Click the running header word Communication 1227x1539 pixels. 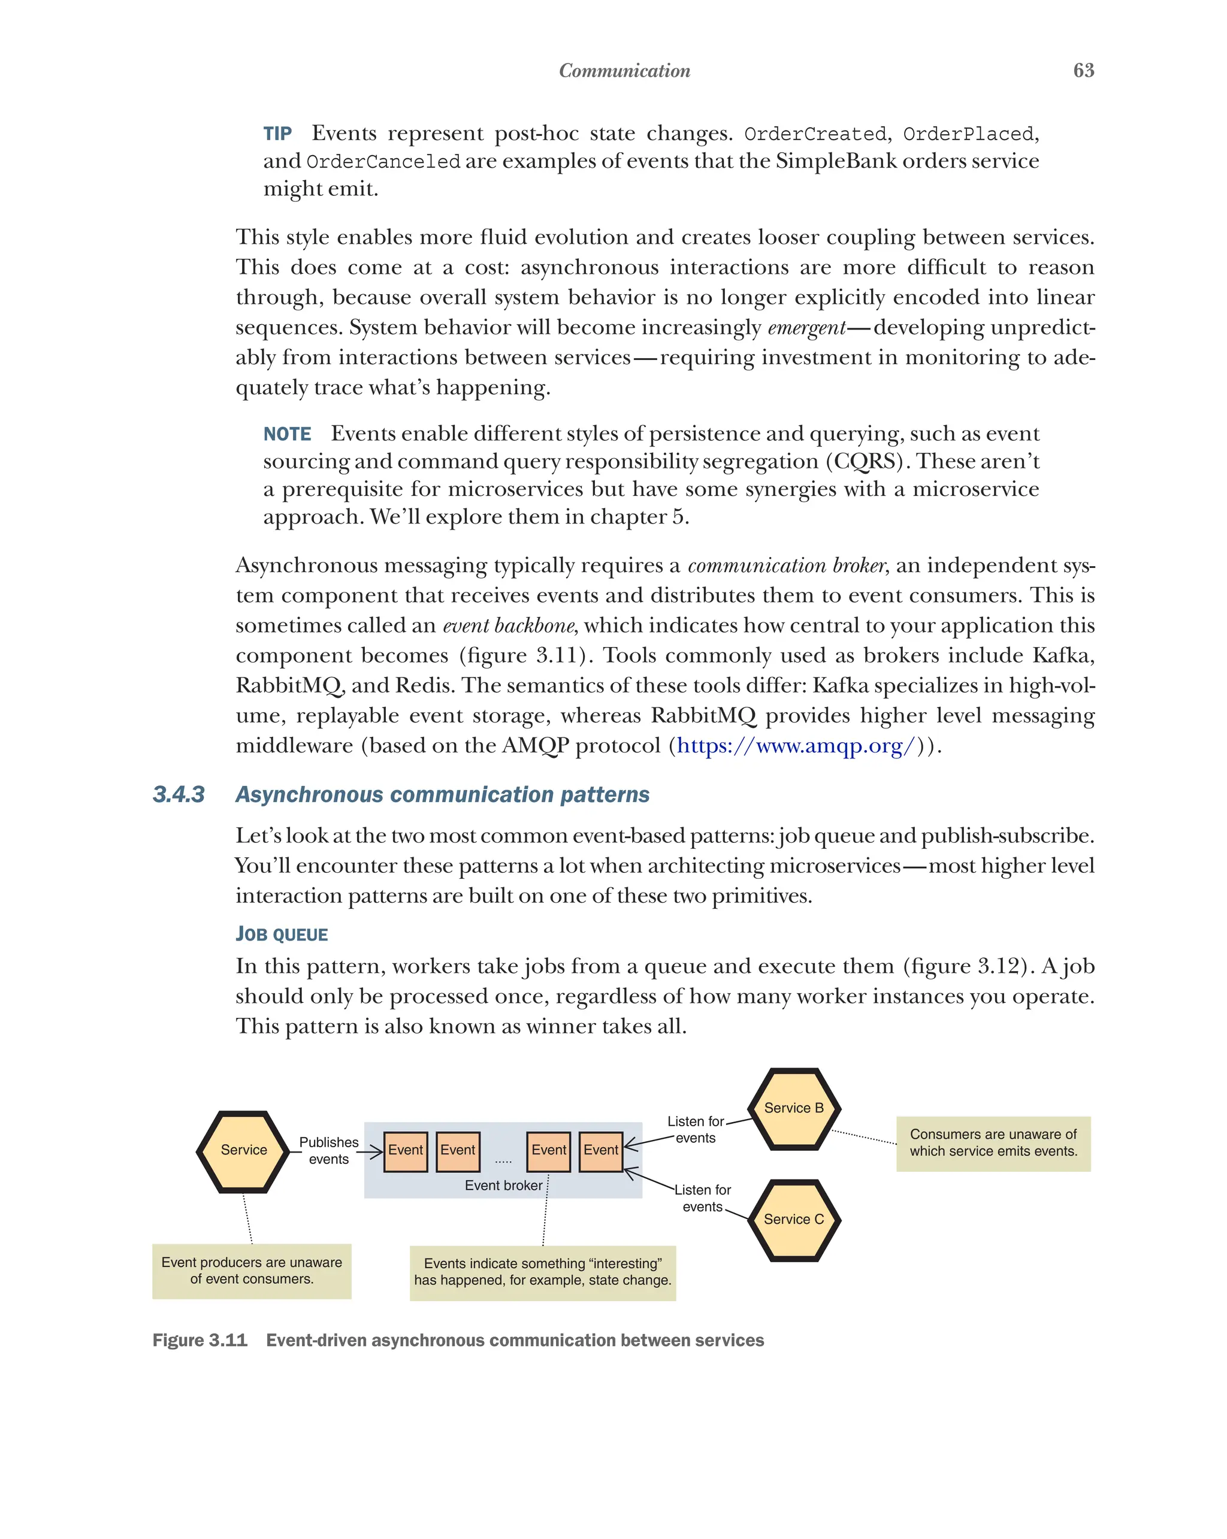[x=624, y=71]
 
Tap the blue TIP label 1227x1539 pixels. [x=277, y=134]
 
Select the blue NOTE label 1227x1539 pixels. [x=287, y=434]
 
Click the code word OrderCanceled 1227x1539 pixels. [x=383, y=162]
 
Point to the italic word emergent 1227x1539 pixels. [x=806, y=328]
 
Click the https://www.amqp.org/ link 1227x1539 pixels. [x=795, y=745]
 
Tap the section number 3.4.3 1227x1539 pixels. [x=179, y=794]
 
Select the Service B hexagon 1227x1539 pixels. [x=794, y=1108]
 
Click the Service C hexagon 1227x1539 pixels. [x=794, y=1219]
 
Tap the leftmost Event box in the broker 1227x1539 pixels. [x=406, y=1150]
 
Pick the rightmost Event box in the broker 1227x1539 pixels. [x=600, y=1150]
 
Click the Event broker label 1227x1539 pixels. [x=503, y=1185]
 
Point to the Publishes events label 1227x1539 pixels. [x=328, y=1150]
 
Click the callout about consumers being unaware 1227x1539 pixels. [x=993, y=1143]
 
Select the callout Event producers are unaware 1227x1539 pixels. [x=251, y=1271]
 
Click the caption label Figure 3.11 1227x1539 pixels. [x=200, y=1340]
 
